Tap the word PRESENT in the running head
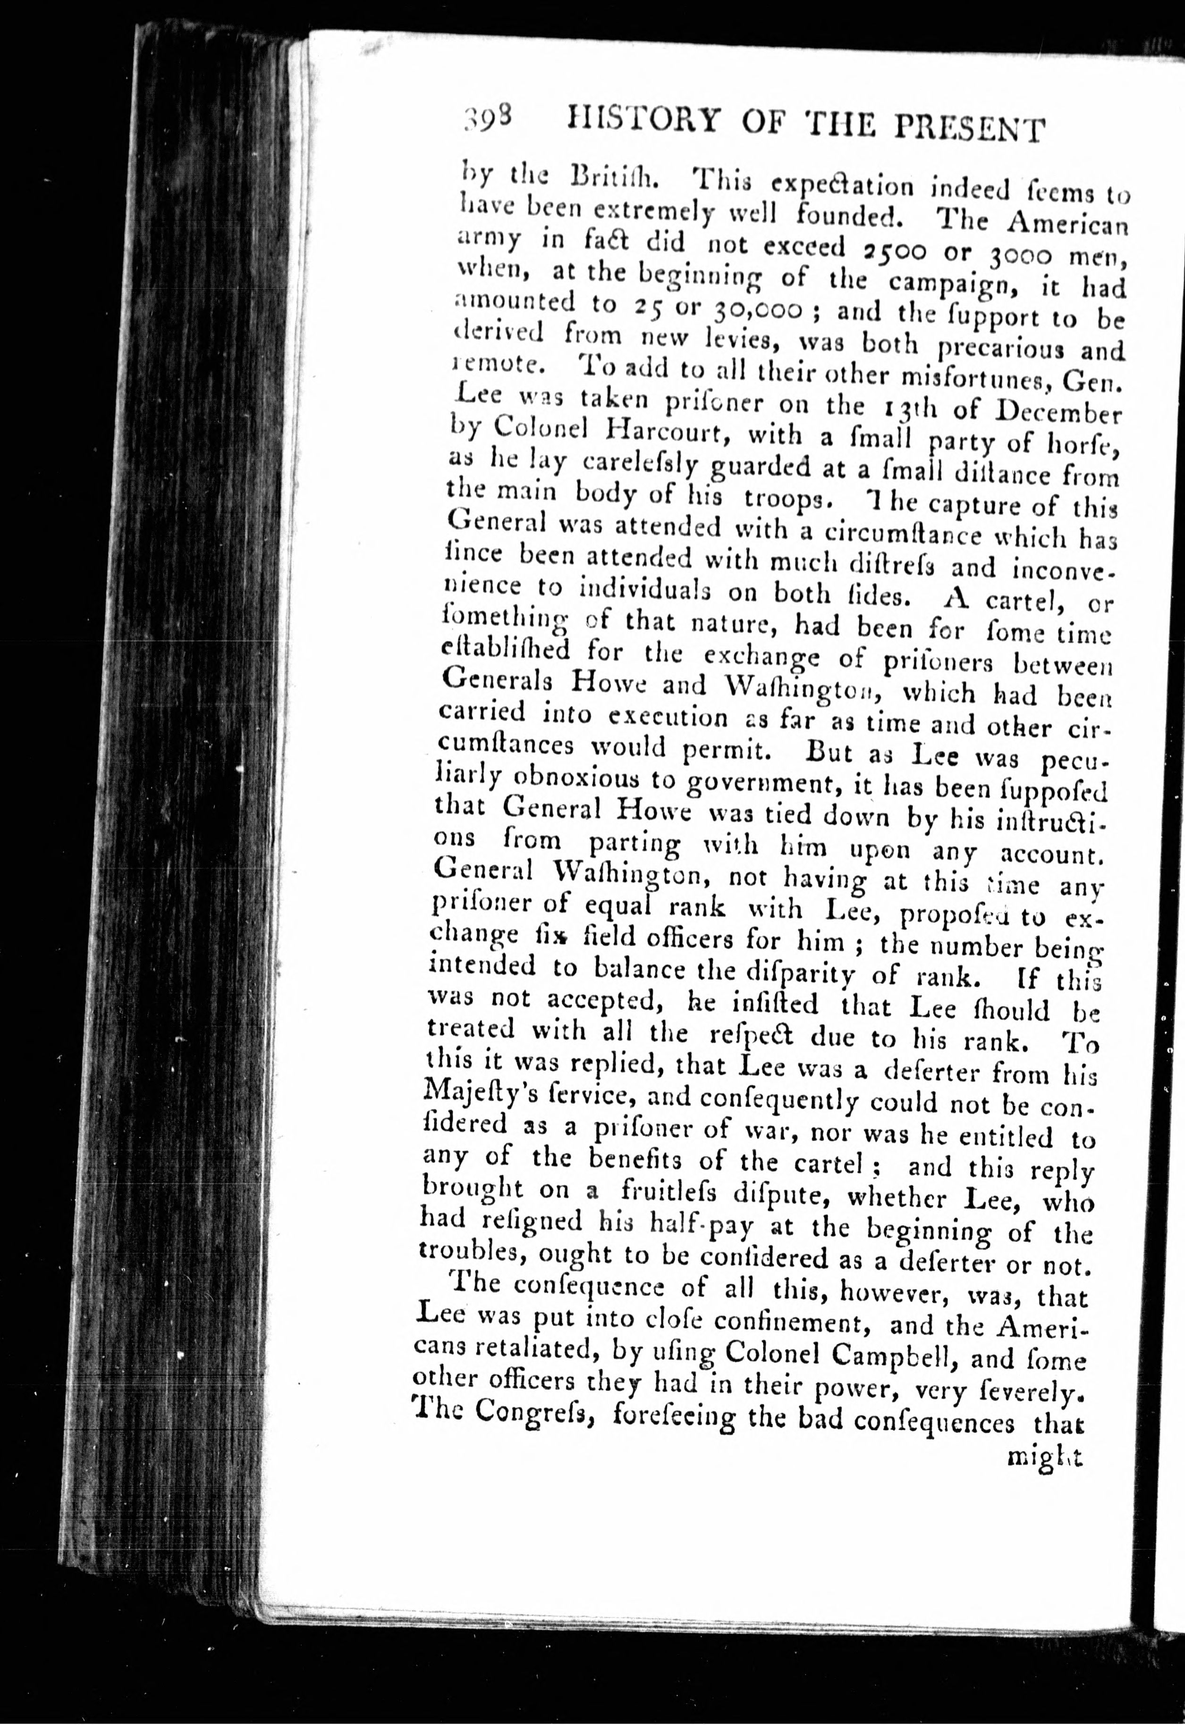970,128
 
